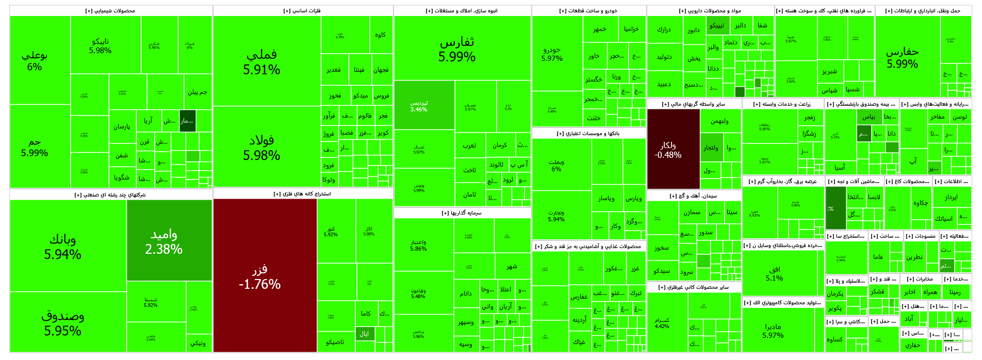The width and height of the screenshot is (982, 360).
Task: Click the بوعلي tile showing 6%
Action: click(35, 61)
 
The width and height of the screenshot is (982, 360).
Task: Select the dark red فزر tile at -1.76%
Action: click(260, 277)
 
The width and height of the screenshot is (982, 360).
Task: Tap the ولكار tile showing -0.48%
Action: click(668, 150)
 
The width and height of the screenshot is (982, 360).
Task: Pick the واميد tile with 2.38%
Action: click(164, 241)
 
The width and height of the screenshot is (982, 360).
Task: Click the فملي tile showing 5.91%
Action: click(261, 62)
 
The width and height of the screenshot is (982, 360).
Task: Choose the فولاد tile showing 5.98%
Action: click(261, 148)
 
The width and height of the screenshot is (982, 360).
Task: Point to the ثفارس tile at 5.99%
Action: click(457, 49)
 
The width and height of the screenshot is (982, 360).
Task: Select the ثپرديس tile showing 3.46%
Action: click(419, 106)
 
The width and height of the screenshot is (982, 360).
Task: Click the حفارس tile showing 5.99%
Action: click(902, 57)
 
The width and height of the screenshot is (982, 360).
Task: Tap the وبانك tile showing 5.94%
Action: click(62, 247)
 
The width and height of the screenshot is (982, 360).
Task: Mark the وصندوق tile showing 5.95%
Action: click(62, 323)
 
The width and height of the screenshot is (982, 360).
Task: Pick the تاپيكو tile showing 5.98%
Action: click(100, 45)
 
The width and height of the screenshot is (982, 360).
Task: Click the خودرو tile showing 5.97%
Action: click(552, 54)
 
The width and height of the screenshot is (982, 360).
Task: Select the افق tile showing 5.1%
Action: click(774, 273)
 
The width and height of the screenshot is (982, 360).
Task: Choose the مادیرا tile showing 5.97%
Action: click(773, 331)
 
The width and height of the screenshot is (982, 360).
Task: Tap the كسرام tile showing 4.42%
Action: click(662, 323)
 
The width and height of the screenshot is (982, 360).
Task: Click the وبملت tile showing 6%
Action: click(556, 165)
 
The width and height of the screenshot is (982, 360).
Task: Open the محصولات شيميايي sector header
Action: click(110, 11)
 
